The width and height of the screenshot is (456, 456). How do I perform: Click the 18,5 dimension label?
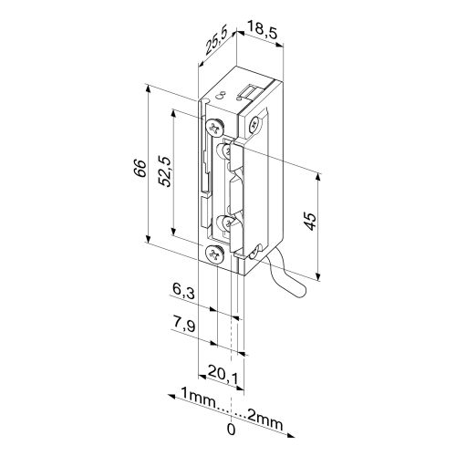coord(263,30)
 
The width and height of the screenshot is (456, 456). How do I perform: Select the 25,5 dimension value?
coord(216,43)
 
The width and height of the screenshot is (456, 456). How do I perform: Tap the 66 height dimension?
coord(140,168)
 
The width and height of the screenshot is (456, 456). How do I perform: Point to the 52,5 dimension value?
coord(166,171)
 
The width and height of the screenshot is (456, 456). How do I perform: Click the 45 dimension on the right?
coord(311,222)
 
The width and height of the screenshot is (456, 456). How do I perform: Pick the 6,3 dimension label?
coord(183,291)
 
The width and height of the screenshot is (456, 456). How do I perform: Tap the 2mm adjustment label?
coord(265,421)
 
